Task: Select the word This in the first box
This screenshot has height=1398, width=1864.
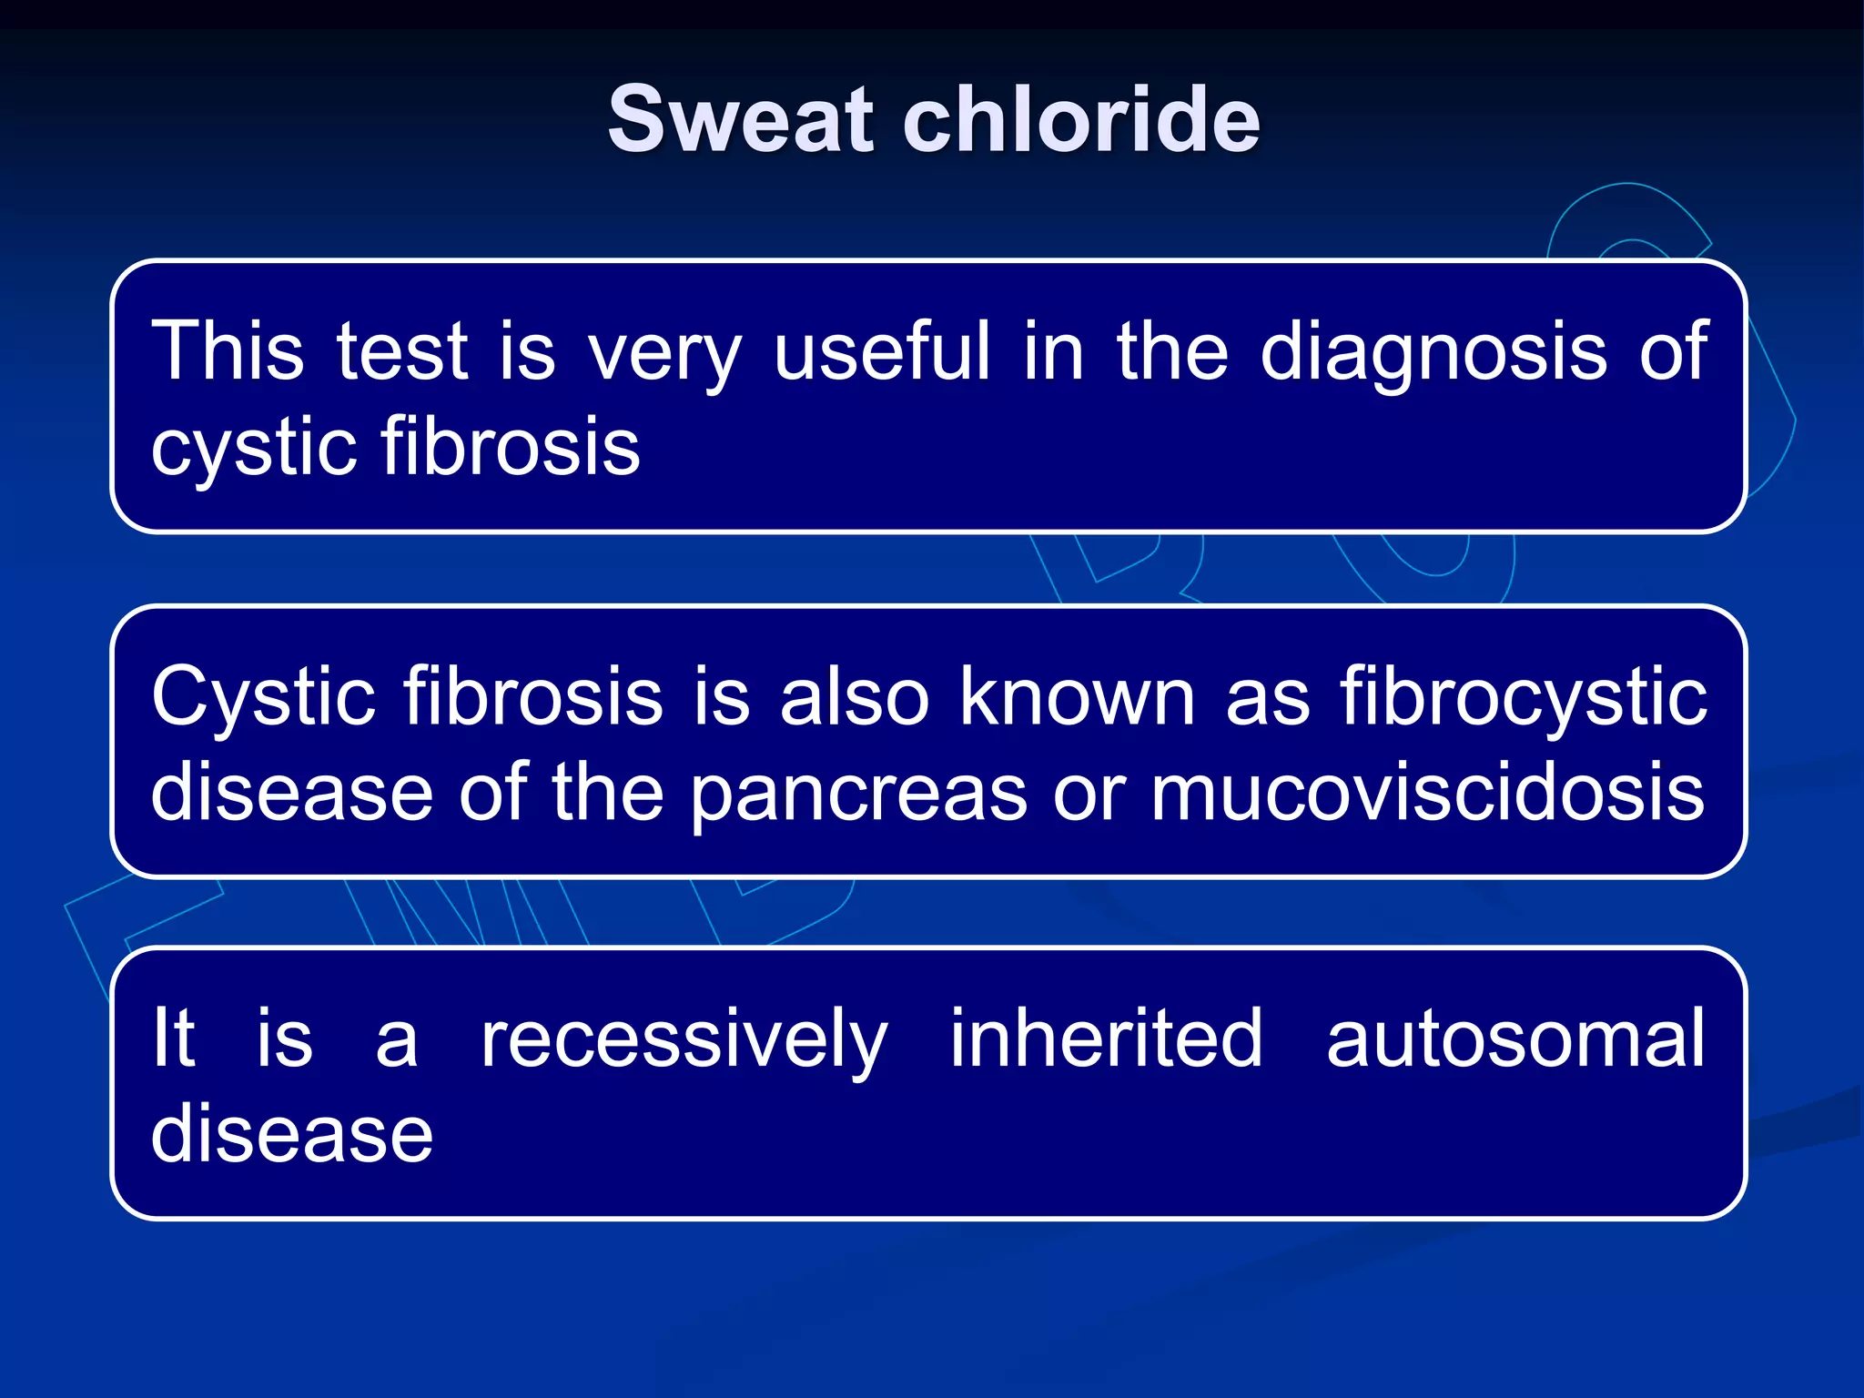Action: click(x=228, y=351)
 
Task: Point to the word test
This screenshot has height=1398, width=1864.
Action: click(x=401, y=351)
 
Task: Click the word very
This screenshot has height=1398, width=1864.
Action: click(x=664, y=355)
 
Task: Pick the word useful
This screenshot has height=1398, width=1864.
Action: click(x=881, y=351)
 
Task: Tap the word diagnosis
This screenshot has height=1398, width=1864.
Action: click(x=1433, y=355)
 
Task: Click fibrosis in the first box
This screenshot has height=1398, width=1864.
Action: click(x=511, y=446)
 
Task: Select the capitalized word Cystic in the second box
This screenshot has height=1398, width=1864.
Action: click(x=263, y=697)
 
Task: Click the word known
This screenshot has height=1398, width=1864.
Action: click(x=1077, y=697)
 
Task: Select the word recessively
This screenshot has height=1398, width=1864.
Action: click(x=684, y=1041)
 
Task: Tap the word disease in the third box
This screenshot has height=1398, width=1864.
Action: click(x=292, y=1134)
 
